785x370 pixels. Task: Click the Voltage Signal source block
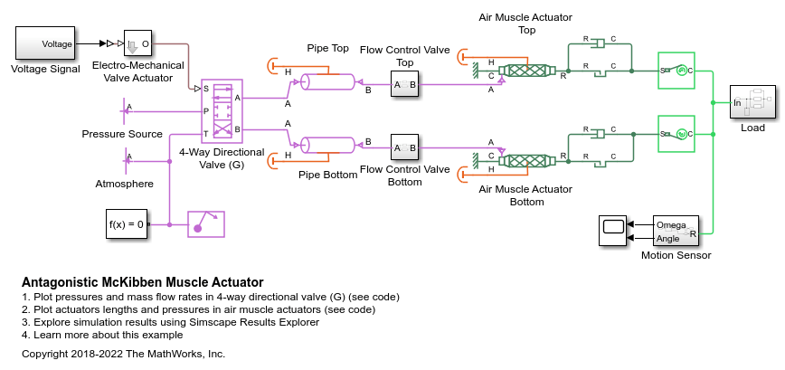(x=44, y=43)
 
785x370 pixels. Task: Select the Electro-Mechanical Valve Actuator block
(x=138, y=43)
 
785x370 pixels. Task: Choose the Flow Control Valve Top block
(x=404, y=85)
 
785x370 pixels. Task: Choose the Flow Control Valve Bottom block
(x=404, y=147)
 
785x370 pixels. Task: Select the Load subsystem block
(x=752, y=103)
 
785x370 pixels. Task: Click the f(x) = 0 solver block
(x=126, y=223)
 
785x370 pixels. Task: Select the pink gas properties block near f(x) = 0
(x=205, y=223)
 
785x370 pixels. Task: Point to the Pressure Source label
(x=122, y=134)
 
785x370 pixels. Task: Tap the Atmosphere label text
(x=124, y=184)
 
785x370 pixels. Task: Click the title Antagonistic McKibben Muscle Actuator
(x=142, y=282)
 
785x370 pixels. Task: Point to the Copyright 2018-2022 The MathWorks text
(x=123, y=354)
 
